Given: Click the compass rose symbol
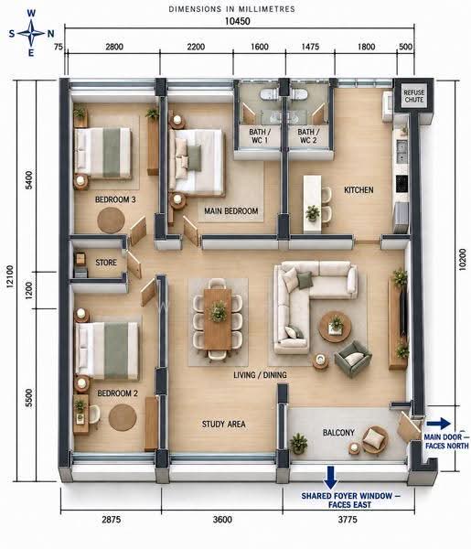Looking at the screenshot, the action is point(31,34).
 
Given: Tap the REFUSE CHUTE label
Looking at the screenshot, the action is point(413,96).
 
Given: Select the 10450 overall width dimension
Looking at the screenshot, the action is point(237,21).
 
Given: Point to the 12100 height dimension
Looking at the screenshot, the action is point(10,276).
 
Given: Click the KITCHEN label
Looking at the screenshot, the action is point(359,190).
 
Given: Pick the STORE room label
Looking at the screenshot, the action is point(106,263).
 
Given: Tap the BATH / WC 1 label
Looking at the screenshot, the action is point(260,136).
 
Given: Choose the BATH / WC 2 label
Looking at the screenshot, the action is point(308,136).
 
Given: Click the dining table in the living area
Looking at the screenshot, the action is point(218,318).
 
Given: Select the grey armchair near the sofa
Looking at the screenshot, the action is point(352,360).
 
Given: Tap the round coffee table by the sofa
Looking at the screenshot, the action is point(336,327).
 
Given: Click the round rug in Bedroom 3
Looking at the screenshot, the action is point(111,221).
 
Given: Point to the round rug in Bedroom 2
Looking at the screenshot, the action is point(123,418).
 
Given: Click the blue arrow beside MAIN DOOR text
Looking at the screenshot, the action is point(438,424).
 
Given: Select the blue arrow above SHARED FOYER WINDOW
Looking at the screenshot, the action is point(330,478).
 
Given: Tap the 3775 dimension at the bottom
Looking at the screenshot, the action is point(348,519).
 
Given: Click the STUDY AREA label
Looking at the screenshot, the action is point(223,425).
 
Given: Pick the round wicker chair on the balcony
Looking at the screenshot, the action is point(375,439).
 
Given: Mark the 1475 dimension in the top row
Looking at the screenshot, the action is point(310,47).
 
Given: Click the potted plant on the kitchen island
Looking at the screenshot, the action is point(313,212).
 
